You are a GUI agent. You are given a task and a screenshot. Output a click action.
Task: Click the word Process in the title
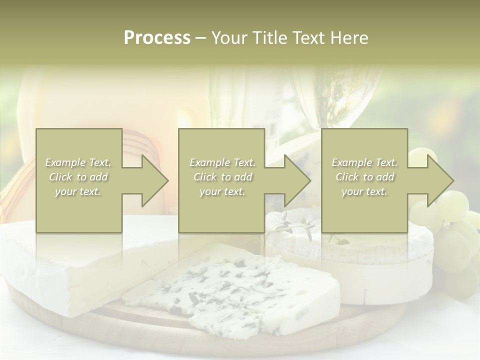(x=157, y=38)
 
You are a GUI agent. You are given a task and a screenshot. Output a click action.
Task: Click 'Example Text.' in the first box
(x=78, y=162)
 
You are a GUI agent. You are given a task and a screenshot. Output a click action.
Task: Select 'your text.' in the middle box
(x=222, y=191)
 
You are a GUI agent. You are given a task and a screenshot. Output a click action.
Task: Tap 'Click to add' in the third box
(x=364, y=177)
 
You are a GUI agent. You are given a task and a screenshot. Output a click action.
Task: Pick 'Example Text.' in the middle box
(x=222, y=162)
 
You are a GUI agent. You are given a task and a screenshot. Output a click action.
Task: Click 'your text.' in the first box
(x=78, y=191)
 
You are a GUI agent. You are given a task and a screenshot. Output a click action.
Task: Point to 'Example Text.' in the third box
(x=364, y=162)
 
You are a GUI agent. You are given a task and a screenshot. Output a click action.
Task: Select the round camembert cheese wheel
(x=380, y=270)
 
